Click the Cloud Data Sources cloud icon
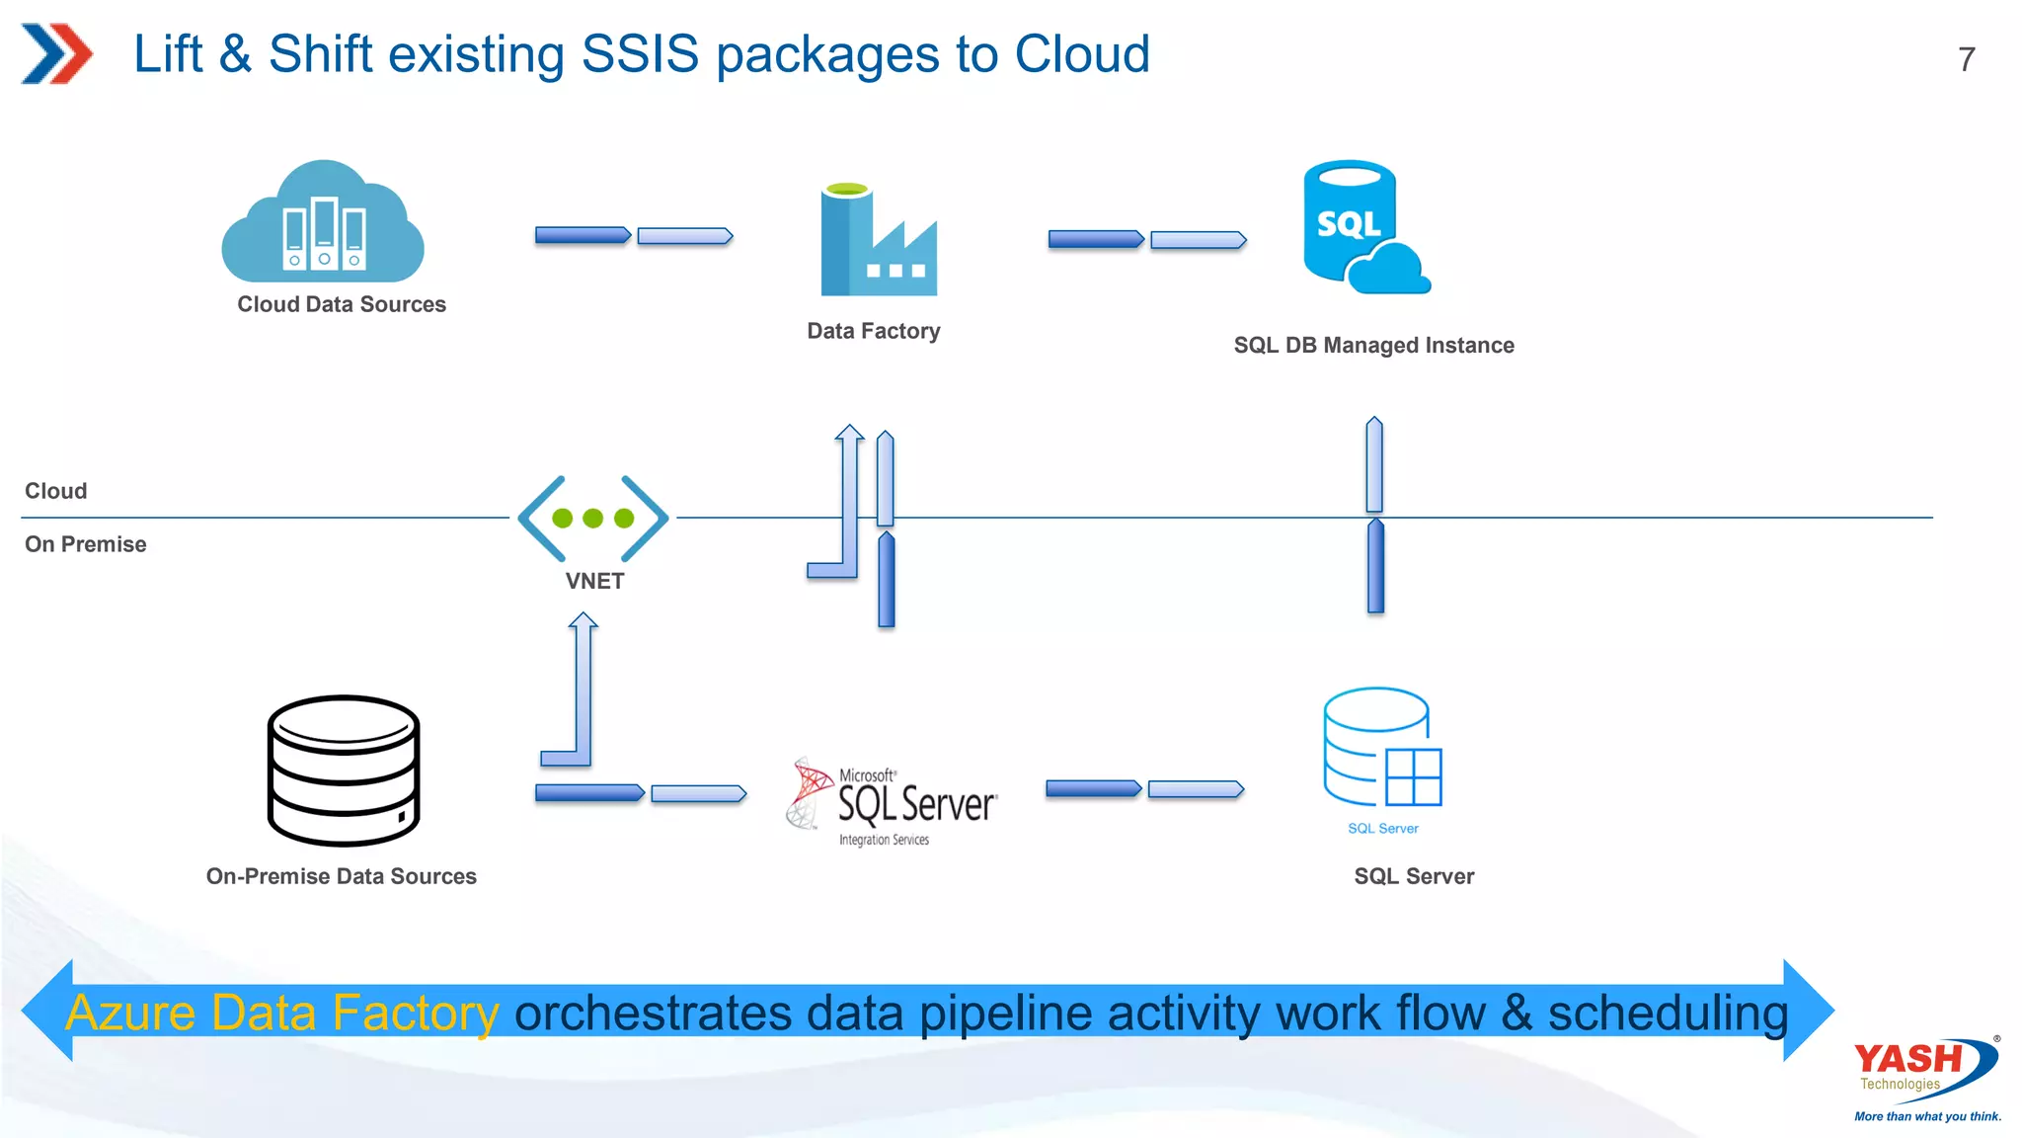click(x=323, y=225)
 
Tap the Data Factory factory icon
click(x=878, y=242)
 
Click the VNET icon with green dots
click(x=592, y=518)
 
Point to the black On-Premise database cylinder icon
click(x=343, y=770)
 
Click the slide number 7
click(x=1966, y=59)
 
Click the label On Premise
click(x=86, y=544)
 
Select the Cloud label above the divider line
click(x=56, y=491)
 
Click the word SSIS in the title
click(x=640, y=54)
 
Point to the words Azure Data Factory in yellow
click(x=282, y=1013)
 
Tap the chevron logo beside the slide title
click(x=56, y=53)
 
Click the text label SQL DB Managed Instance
click(x=1373, y=346)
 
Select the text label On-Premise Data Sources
click(x=341, y=876)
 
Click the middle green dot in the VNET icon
click(x=592, y=518)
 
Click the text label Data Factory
click(x=873, y=331)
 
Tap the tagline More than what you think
click(x=1927, y=1116)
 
